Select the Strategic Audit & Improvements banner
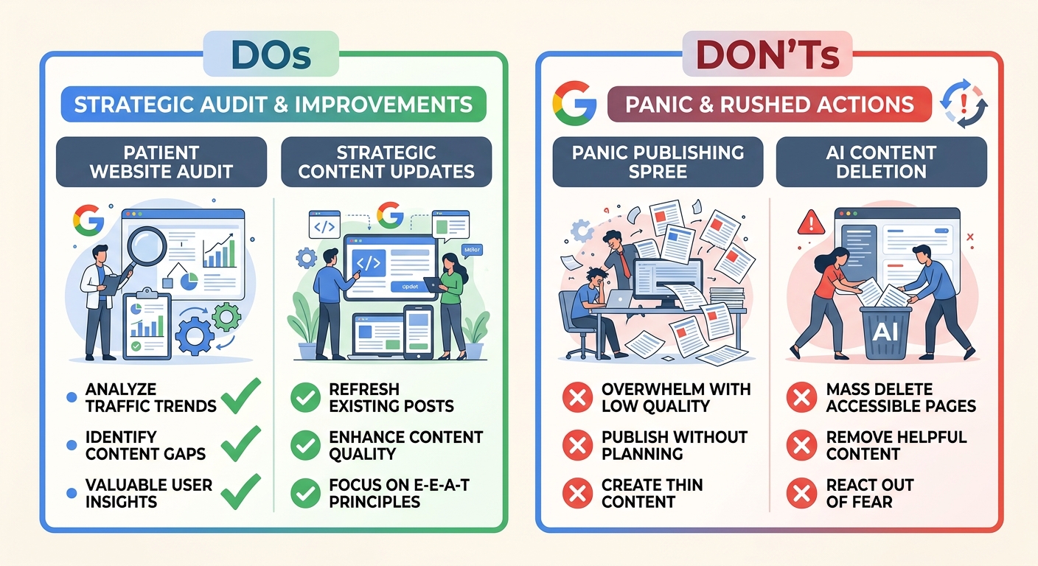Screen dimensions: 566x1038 (x=274, y=104)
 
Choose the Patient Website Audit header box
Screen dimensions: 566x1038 (x=161, y=161)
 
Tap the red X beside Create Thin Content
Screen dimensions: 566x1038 (x=577, y=494)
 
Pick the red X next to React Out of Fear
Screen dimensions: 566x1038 (x=801, y=494)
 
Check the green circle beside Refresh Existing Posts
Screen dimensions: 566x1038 (x=305, y=398)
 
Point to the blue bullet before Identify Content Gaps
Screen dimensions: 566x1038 (x=72, y=445)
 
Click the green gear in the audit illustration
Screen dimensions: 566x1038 (x=226, y=316)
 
